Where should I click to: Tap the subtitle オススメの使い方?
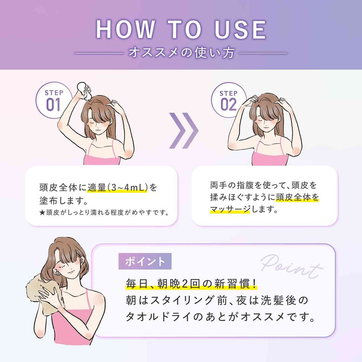coord(181,53)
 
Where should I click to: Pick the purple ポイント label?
coord(145,261)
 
